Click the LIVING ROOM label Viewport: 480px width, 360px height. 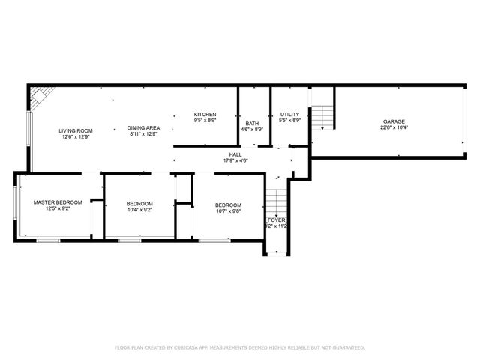click(x=76, y=130)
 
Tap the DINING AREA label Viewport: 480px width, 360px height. click(x=142, y=128)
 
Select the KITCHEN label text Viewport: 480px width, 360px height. click(x=205, y=115)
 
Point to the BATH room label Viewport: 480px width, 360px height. click(x=252, y=124)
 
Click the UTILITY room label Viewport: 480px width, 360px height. click(x=289, y=115)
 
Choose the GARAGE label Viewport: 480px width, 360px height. click(x=394, y=121)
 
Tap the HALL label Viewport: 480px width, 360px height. click(x=235, y=154)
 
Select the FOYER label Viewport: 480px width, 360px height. click(x=276, y=220)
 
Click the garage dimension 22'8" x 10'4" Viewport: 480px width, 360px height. click(x=394, y=127)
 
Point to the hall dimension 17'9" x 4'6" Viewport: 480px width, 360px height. click(x=235, y=160)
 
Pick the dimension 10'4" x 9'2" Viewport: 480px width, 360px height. click(x=139, y=210)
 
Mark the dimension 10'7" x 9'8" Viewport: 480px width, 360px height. click(x=229, y=211)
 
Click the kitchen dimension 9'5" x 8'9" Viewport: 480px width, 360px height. click(x=205, y=121)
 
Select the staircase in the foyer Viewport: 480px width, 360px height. click(x=277, y=202)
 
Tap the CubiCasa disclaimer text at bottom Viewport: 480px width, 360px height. click(x=239, y=347)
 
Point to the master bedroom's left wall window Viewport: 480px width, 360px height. click(x=16, y=204)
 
